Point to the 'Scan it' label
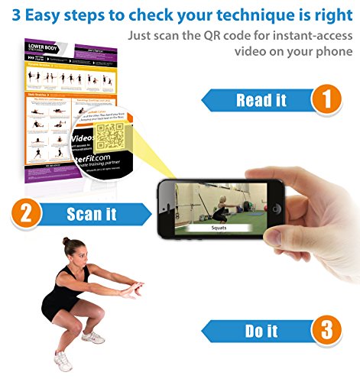pyautogui.click(x=92, y=214)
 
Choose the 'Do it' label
pyautogui.click(x=261, y=332)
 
